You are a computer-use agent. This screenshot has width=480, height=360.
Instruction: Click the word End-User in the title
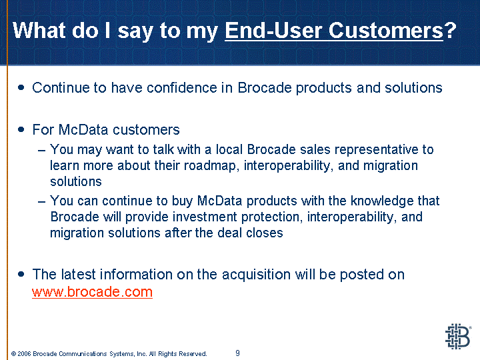[x=274, y=30]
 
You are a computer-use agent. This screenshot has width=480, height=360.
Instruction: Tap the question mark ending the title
[x=450, y=30]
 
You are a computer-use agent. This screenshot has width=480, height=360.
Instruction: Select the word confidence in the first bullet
[x=182, y=87]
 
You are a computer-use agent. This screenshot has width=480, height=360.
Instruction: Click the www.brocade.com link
[x=92, y=292]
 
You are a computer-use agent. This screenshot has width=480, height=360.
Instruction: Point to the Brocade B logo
[x=458, y=337]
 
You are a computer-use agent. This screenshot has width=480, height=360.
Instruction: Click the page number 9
[x=237, y=353]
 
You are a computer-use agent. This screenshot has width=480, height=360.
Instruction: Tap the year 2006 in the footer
[x=24, y=354]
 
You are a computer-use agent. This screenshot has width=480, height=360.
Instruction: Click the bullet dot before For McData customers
[x=21, y=129]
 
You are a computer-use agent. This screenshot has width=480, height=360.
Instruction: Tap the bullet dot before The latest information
[x=21, y=274]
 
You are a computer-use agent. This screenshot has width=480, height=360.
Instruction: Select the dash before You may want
[x=41, y=151]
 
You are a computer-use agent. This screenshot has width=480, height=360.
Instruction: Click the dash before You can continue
[x=41, y=202]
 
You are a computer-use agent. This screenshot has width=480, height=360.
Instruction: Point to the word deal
[x=229, y=233]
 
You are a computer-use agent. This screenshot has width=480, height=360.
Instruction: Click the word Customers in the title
[x=386, y=30]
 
